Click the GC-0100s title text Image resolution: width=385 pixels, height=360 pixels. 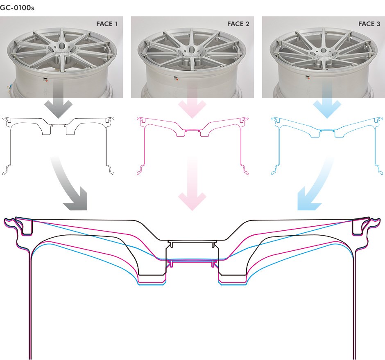17,7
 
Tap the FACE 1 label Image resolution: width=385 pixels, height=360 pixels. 107,24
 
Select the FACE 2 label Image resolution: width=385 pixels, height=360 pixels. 238,24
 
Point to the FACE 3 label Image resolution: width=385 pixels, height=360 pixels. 369,24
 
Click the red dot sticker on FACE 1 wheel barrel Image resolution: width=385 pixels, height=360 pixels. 46,80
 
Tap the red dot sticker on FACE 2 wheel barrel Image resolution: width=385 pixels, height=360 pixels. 177,80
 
